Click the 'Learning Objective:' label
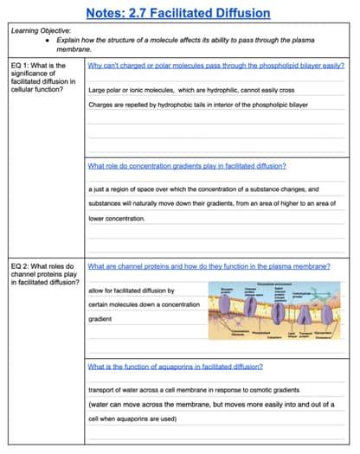coord(39,30)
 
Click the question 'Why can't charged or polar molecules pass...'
coord(213,65)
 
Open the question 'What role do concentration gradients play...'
coord(187,165)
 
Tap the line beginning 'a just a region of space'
coord(204,189)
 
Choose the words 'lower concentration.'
coord(117,219)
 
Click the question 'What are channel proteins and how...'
coord(209,266)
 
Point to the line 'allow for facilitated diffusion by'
coord(132,291)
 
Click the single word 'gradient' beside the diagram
coord(100,319)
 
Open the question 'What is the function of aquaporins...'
coord(176,367)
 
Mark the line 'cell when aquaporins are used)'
coord(132,419)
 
